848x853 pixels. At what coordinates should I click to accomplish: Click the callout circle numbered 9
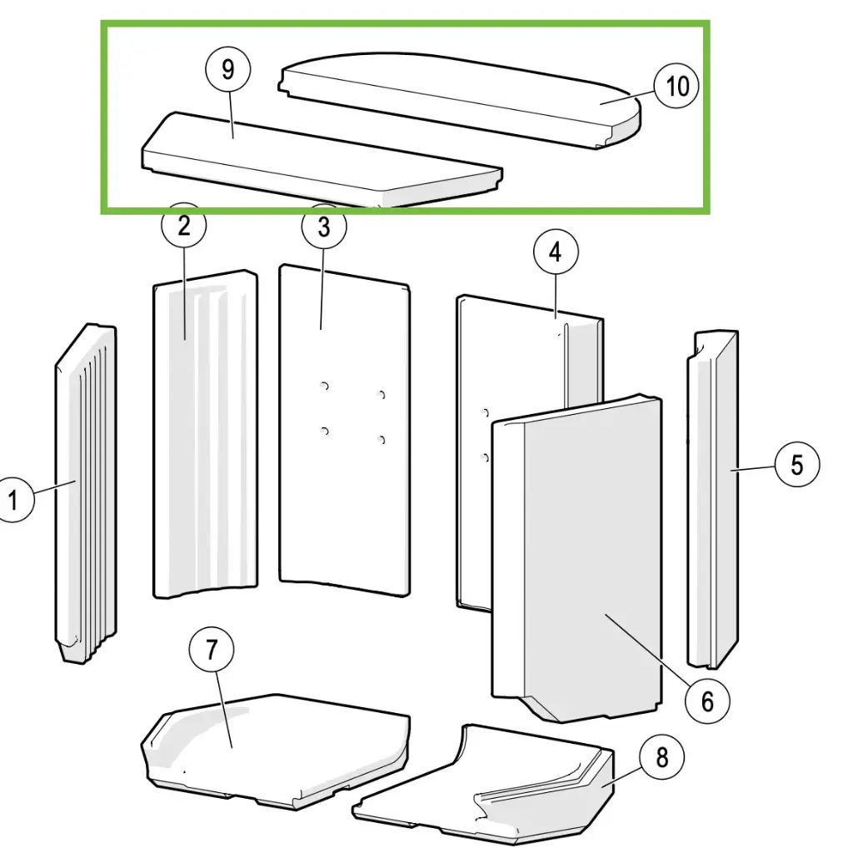point(228,70)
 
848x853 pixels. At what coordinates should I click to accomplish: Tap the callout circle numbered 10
point(677,86)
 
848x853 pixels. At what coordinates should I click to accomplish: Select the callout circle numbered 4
point(556,254)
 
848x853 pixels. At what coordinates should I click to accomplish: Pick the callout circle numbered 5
point(797,465)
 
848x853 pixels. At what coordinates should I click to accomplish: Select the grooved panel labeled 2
point(204,433)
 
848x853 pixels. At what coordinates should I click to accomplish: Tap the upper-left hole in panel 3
point(325,386)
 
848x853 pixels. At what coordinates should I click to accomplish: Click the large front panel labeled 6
point(583,566)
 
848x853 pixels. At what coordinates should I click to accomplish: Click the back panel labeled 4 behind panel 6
point(533,358)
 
